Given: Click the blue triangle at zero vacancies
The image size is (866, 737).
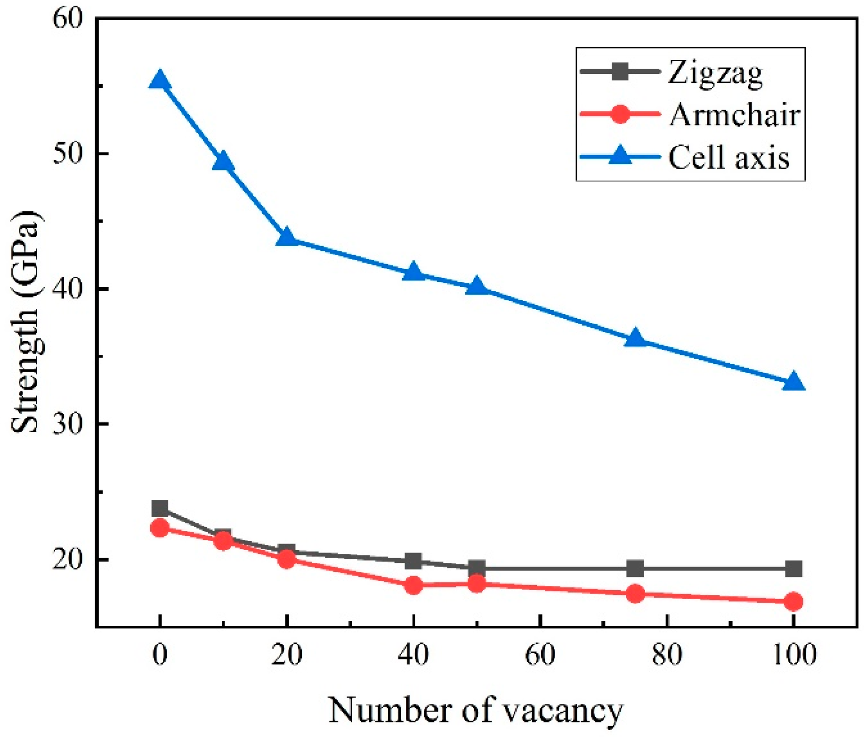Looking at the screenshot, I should [x=160, y=80].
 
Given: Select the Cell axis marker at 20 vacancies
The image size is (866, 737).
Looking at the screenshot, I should [x=286, y=237].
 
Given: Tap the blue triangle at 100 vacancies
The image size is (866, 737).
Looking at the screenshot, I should [x=793, y=382].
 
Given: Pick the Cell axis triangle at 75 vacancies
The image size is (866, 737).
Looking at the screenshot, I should [x=635, y=338].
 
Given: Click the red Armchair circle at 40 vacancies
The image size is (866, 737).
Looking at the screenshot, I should [x=413, y=585].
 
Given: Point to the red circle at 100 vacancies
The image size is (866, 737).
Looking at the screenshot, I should [x=793, y=601].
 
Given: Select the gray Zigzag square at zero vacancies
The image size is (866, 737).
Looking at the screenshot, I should [x=160, y=508].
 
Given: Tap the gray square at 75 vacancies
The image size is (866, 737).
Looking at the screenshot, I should [x=635, y=569].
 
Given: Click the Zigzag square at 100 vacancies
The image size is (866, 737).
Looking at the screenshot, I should [x=793, y=569].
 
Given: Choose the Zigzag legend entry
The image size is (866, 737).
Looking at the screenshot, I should [x=715, y=72].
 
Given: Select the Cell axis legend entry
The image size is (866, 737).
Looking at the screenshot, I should [x=728, y=157].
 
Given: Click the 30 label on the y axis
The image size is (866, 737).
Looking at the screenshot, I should [x=67, y=424].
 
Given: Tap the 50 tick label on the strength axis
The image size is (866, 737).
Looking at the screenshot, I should [x=67, y=154].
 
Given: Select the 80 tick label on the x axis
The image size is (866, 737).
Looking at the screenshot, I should [x=667, y=655].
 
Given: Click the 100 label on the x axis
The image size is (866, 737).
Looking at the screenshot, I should [x=794, y=655].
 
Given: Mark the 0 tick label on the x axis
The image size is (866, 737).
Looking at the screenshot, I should [x=160, y=655].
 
